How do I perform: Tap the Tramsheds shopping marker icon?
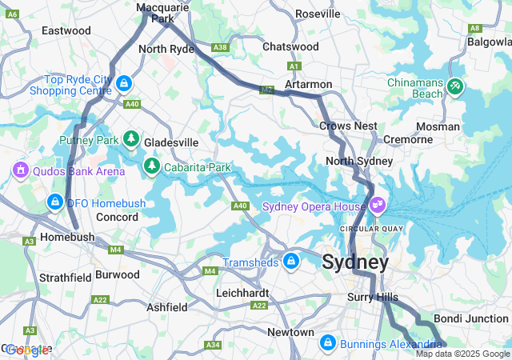pos(291,261)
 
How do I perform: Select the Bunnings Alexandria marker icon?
pos(327,342)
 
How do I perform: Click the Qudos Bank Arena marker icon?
pos(20,170)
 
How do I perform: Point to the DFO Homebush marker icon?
pos(54,202)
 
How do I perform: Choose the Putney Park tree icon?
pos(131,140)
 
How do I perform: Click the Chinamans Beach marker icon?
pos(455,85)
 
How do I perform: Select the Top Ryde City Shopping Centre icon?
pos(123,82)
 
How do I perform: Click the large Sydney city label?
pos(355,262)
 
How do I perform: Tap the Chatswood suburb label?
pos(291,46)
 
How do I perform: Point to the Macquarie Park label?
pos(155,12)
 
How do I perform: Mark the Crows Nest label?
pos(348,126)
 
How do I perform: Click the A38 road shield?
pos(220,48)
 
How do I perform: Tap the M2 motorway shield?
pos(266,90)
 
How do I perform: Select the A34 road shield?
pos(213,345)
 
